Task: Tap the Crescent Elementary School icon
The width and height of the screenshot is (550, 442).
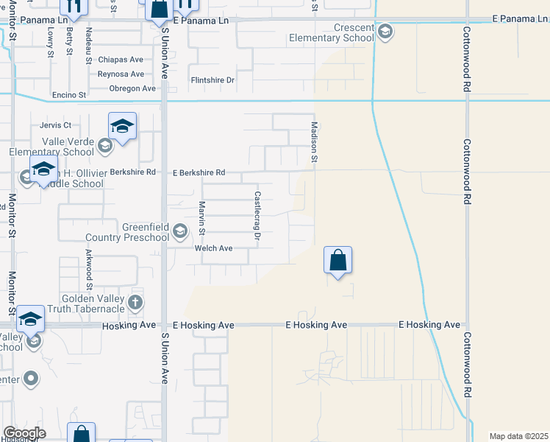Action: click(385, 32)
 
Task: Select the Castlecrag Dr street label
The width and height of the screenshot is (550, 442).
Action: click(257, 216)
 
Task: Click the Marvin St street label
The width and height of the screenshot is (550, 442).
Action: click(201, 219)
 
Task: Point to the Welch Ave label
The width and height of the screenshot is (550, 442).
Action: click(213, 249)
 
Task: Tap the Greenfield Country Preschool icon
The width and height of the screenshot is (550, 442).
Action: click(179, 233)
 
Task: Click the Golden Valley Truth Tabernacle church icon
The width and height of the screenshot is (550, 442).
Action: click(135, 302)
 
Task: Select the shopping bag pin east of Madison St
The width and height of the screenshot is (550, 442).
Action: click(337, 260)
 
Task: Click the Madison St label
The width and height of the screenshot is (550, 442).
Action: click(314, 142)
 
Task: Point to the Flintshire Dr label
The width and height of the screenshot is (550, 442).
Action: click(213, 80)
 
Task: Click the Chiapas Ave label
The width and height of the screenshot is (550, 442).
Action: click(121, 60)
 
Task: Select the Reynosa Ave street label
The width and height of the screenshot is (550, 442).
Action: click(121, 74)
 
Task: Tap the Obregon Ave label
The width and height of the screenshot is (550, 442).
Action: click(132, 88)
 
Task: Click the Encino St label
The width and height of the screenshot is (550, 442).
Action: click(68, 95)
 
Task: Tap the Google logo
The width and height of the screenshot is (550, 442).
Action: click(24, 433)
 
